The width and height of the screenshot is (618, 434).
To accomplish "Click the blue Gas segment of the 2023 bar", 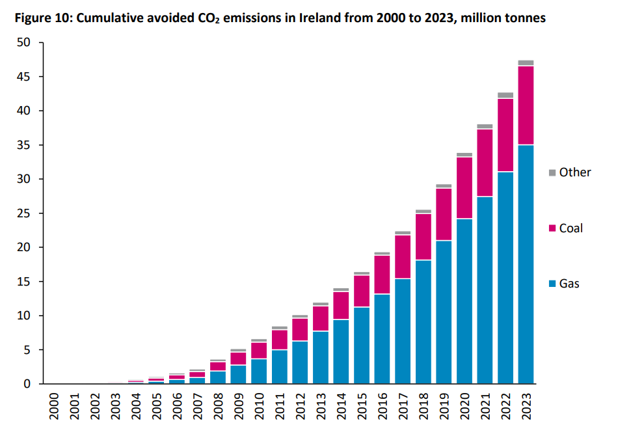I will tap(526, 264).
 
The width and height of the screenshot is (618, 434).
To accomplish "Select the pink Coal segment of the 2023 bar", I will tap(526, 105).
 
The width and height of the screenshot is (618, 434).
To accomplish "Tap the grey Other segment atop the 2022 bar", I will tap(505, 95).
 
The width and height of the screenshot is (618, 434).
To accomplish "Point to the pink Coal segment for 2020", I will tap(464, 188).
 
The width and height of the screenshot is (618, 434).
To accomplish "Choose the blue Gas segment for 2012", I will tap(301, 362).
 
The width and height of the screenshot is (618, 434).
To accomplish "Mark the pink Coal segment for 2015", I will tap(362, 291).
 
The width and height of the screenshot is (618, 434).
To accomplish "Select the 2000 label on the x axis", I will tap(55, 407).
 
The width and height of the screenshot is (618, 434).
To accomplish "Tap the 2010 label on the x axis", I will tap(260, 407).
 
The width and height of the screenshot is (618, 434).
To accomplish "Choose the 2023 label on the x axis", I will tap(526, 407).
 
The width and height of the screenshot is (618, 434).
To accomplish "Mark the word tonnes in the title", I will tap(524, 18).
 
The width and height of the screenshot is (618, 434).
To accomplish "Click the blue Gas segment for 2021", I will tap(485, 290).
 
